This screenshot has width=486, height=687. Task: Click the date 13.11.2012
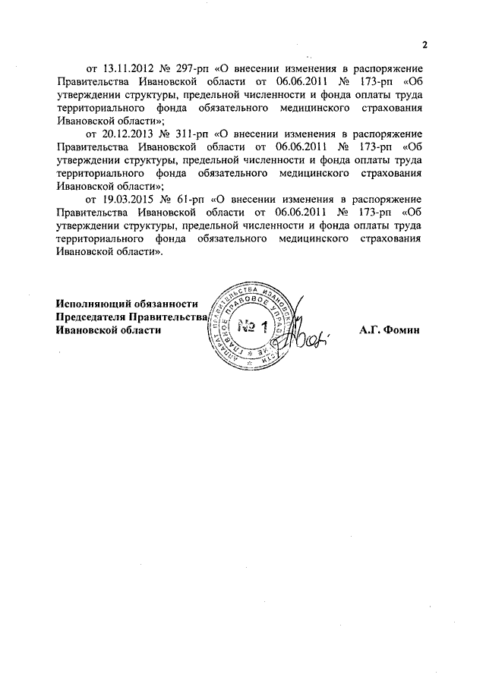[126, 67]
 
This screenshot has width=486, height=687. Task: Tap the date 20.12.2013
[126, 133]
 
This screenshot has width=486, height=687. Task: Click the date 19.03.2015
[126, 199]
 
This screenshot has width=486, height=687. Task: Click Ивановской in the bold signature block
[87, 330]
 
